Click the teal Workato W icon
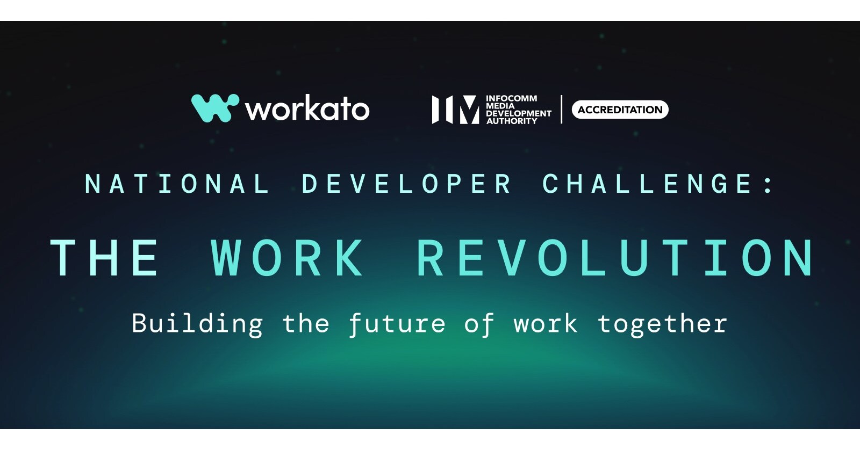click(x=214, y=108)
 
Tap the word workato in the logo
click(x=307, y=109)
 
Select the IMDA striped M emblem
click(x=455, y=110)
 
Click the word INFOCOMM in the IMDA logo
click(x=511, y=98)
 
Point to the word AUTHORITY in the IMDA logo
click(x=512, y=121)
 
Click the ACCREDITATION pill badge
click(x=620, y=110)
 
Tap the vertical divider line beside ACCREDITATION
click(x=562, y=110)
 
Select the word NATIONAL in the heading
click(x=177, y=184)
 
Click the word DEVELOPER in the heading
click(x=407, y=184)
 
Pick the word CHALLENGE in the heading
click(x=647, y=184)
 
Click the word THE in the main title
click(x=105, y=258)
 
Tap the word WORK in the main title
click(x=288, y=258)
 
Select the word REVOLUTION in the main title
click(x=616, y=258)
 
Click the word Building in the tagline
click(x=197, y=324)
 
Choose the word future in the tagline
click(x=397, y=324)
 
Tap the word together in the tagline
click(x=662, y=324)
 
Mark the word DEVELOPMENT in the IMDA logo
click(x=519, y=114)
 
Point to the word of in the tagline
click(x=479, y=324)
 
